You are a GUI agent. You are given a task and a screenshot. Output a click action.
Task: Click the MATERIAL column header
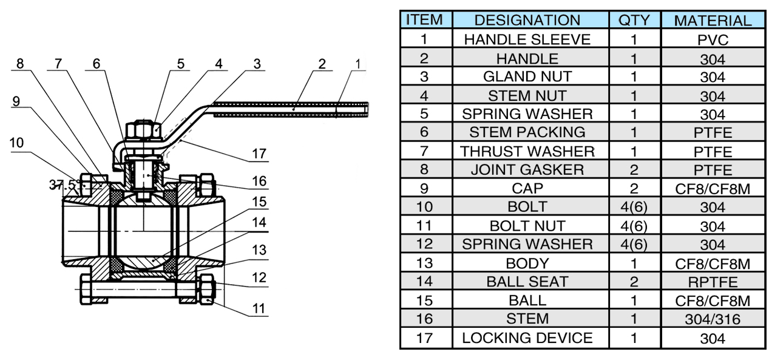click(713, 21)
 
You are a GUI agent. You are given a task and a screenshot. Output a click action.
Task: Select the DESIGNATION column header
click(527, 21)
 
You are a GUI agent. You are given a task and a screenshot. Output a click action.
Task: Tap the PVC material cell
click(713, 40)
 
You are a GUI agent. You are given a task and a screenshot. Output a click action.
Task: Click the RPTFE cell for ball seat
click(713, 282)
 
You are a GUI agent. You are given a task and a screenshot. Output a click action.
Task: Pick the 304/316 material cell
click(713, 319)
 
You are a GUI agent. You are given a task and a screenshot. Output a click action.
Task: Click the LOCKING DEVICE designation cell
click(527, 338)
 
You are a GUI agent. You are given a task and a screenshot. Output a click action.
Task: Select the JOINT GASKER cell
click(527, 170)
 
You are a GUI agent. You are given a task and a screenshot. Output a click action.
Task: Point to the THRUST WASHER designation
click(527, 151)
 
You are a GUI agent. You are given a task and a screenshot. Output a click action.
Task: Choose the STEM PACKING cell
click(527, 132)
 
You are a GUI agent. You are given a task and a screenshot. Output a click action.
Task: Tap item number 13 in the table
click(425, 263)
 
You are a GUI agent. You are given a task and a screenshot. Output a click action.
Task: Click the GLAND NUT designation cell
click(527, 77)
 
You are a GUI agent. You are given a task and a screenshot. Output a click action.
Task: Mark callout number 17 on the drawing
click(259, 154)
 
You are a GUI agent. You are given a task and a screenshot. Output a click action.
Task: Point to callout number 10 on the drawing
click(17, 143)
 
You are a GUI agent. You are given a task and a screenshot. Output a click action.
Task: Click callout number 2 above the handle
click(321, 64)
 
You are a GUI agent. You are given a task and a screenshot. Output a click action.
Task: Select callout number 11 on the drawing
click(259, 308)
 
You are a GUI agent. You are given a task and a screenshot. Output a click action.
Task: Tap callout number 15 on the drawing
click(259, 202)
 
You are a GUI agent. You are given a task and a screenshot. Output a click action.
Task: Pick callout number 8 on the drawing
click(20, 64)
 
